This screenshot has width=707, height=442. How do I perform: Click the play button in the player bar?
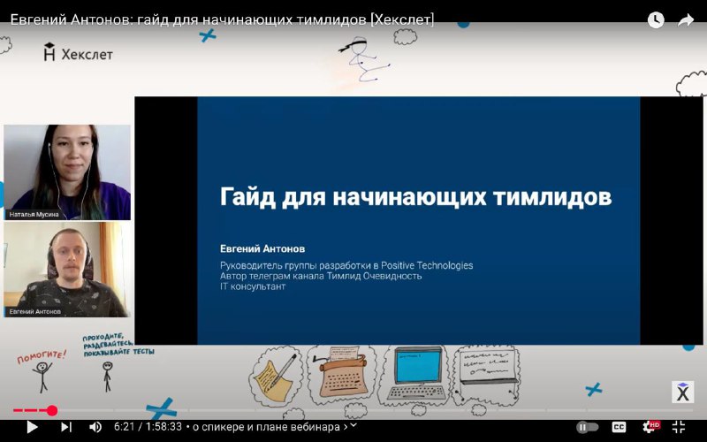click(32, 427)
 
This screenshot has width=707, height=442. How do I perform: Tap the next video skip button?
click(65, 427)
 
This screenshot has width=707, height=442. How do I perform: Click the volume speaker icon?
click(95, 427)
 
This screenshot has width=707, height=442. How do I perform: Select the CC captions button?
click(619, 427)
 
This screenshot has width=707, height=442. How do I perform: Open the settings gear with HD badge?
click(650, 427)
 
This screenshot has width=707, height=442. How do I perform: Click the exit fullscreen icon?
click(679, 427)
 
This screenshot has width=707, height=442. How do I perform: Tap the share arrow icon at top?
click(686, 19)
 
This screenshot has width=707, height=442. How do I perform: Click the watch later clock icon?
click(656, 19)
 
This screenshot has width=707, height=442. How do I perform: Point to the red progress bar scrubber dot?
click(52, 410)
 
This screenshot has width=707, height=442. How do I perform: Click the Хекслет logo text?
click(87, 55)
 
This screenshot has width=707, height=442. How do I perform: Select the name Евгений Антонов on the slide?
click(262, 248)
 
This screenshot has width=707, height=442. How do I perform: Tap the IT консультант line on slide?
click(253, 286)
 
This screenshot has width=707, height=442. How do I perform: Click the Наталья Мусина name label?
click(34, 215)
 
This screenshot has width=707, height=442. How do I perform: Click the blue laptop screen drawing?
click(419, 366)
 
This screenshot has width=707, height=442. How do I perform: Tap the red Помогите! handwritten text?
click(42, 356)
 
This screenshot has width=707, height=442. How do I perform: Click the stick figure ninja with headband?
click(363, 59)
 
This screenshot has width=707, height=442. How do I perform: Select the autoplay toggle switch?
click(587, 427)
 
